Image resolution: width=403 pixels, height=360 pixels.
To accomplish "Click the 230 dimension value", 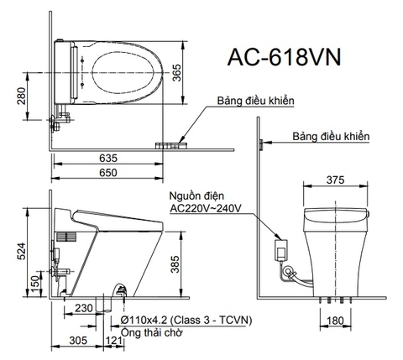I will (83, 308).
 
